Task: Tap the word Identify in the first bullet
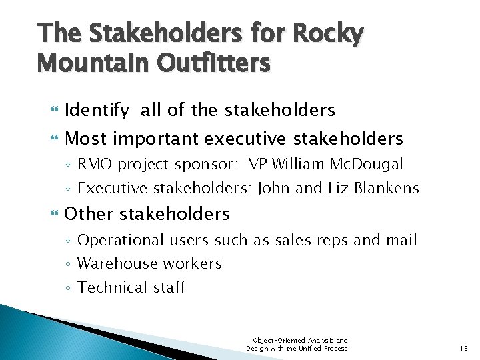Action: [99, 110]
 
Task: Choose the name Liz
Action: [337, 189]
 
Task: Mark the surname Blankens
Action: [387, 189]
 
